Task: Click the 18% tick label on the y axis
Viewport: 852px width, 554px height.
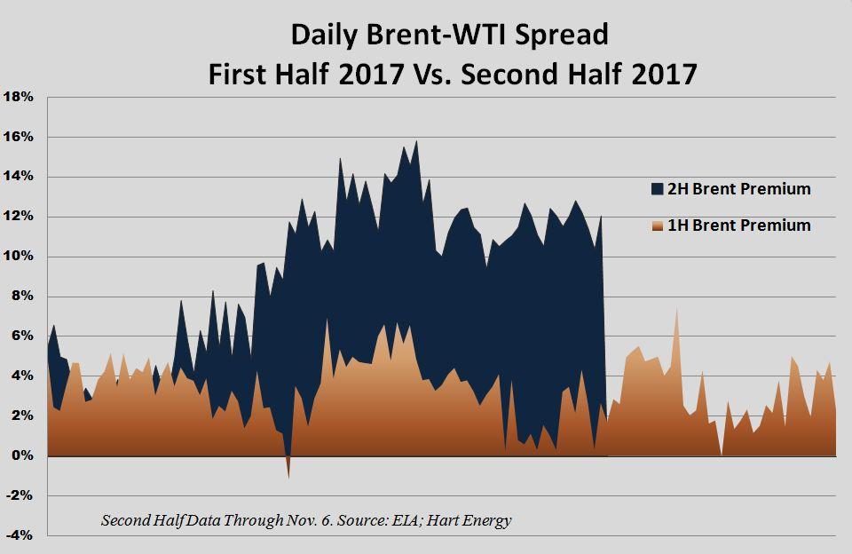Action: tap(19, 98)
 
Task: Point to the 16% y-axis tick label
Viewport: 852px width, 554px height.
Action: tap(19, 137)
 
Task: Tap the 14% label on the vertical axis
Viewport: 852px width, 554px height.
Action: tap(19, 177)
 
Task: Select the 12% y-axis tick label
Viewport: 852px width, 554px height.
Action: tap(19, 217)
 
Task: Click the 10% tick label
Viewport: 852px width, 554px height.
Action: tap(19, 256)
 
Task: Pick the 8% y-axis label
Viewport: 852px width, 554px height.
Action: tap(22, 297)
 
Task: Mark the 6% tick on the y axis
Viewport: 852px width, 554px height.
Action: tap(22, 336)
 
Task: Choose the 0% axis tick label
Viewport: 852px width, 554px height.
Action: tap(22, 455)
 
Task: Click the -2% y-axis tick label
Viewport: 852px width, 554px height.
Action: tap(20, 495)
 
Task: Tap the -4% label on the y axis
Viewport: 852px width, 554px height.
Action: tap(20, 535)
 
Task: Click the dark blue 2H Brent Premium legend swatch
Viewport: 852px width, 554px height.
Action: tap(658, 189)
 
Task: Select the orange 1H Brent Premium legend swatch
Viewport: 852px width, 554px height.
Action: tap(658, 226)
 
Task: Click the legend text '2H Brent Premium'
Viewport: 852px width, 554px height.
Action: tap(739, 189)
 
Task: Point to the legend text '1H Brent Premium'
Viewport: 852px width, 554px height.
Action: tap(739, 226)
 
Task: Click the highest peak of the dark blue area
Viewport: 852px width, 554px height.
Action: tap(416, 141)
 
